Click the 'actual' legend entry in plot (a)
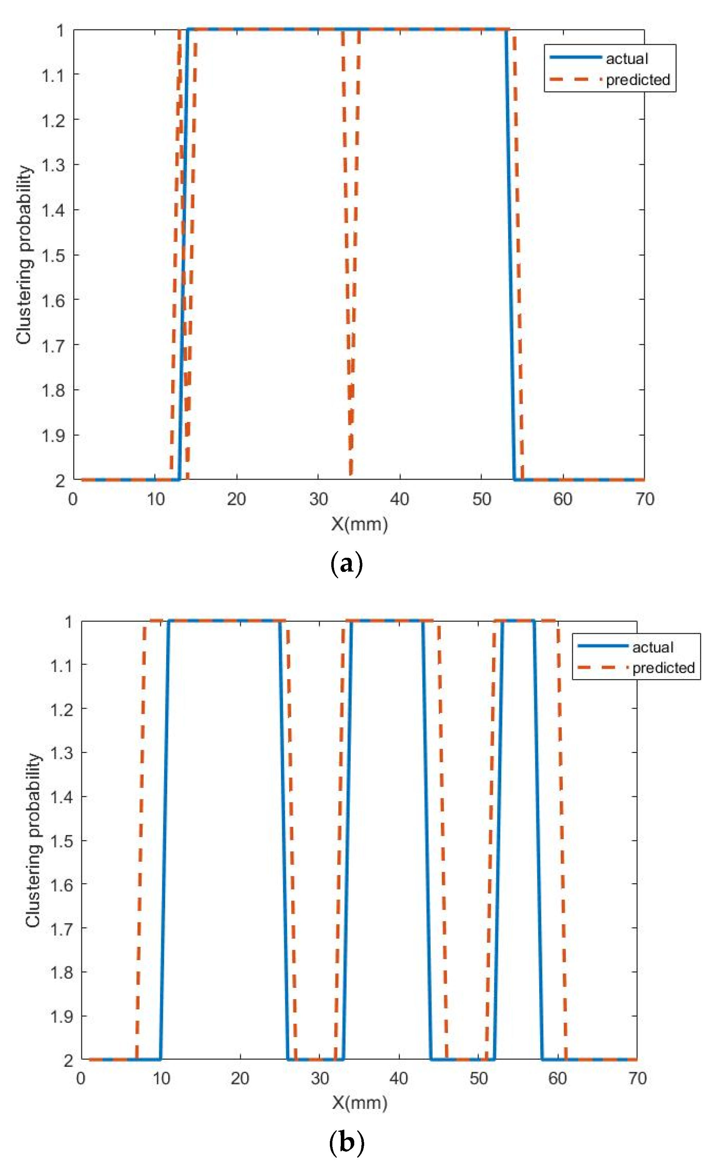pos(626,59)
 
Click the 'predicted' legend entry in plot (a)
pos(637,80)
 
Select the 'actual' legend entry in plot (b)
pos(652,647)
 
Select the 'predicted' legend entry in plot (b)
pos(663,668)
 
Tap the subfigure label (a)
pos(346,564)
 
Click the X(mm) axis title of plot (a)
pos(359,524)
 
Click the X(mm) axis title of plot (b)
pos(359,1102)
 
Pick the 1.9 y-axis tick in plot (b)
pos(62,1016)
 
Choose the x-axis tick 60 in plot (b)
pos(558,1078)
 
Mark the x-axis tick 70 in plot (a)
pos(645,499)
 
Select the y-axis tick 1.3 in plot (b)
pos(62,753)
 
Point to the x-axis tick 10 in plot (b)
pos(161,1078)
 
